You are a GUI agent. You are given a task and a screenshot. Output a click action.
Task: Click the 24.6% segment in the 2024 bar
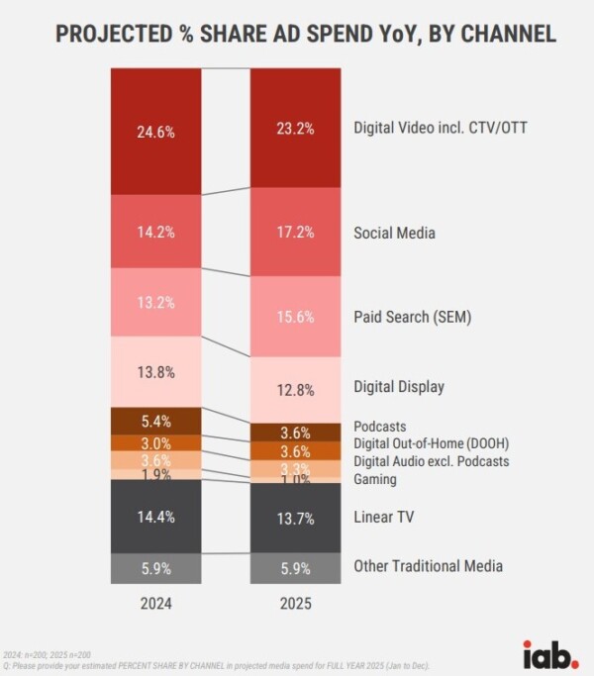[157, 132]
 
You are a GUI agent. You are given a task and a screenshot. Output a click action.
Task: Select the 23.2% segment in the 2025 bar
[296, 129]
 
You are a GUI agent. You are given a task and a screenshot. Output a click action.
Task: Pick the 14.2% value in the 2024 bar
[157, 233]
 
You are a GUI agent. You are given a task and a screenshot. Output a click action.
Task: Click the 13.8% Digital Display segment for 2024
[157, 372]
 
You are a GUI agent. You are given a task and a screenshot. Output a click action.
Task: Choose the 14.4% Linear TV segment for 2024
[157, 516]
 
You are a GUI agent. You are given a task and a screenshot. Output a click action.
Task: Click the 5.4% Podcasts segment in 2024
[157, 420]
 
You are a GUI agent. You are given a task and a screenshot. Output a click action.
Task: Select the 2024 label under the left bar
[157, 604]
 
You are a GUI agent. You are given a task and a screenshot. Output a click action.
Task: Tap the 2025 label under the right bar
[296, 604]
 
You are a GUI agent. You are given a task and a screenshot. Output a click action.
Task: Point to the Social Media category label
[394, 234]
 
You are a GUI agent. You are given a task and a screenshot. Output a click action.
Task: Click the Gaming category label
[375, 479]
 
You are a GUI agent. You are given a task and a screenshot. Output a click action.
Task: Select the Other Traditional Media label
[429, 566]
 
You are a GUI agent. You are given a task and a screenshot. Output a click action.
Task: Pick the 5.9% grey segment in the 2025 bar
[296, 567]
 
